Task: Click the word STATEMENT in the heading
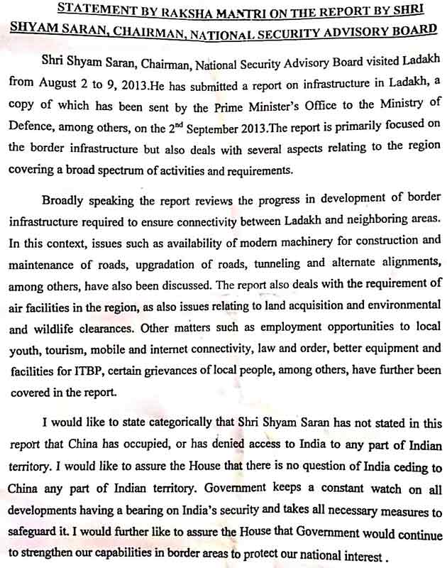point(94,9)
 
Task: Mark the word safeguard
point(34,531)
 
